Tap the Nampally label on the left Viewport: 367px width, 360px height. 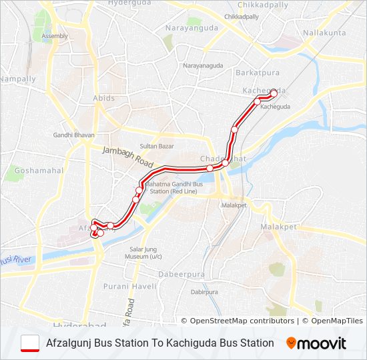(18, 79)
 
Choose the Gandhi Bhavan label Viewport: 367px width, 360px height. (69, 135)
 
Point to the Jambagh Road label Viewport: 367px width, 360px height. (128, 157)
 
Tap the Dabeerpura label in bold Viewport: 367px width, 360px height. (179, 274)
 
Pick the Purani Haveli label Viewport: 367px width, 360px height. (129, 286)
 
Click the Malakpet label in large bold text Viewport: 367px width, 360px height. (279, 227)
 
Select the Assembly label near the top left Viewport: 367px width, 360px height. (55, 35)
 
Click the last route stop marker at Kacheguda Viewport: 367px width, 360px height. (274, 93)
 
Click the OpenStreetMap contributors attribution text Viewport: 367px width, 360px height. (238, 321)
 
